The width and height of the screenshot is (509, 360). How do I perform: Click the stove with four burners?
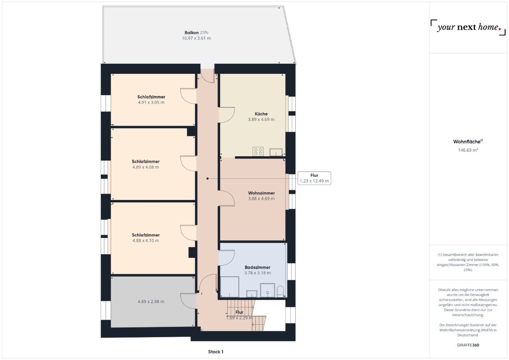coord(258,151)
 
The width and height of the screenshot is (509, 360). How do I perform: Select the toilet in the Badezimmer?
coord(280,291)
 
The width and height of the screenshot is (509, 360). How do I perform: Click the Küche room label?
coord(261,114)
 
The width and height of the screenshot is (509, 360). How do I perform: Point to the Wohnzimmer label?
coord(261,193)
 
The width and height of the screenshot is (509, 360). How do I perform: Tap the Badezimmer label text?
coord(257,267)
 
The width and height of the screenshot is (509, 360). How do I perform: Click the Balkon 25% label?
coord(196,32)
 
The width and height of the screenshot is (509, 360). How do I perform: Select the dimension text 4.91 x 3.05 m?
coord(151,102)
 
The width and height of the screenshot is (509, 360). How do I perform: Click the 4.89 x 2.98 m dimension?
coord(151,301)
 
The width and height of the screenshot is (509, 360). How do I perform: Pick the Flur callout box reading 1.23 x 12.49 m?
coord(314,178)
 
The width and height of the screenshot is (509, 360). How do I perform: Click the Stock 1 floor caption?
coord(215,352)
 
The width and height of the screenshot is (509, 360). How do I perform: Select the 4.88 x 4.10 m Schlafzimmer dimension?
coord(145,240)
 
